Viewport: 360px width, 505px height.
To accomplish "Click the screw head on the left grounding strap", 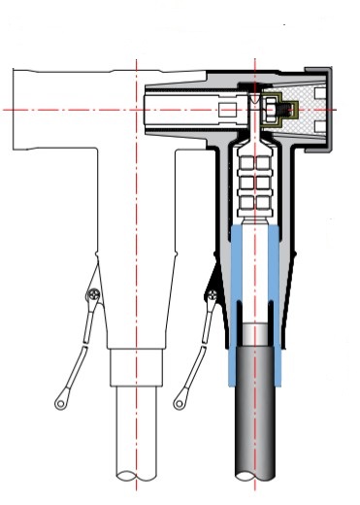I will click(x=93, y=294).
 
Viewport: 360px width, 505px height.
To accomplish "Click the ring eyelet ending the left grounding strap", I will click(x=61, y=399).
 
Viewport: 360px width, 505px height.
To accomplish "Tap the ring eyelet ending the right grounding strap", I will click(x=180, y=400).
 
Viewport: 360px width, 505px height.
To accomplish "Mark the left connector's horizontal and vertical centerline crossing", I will click(x=137, y=110).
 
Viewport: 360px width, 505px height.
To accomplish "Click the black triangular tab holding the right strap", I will click(x=212, y=282).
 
